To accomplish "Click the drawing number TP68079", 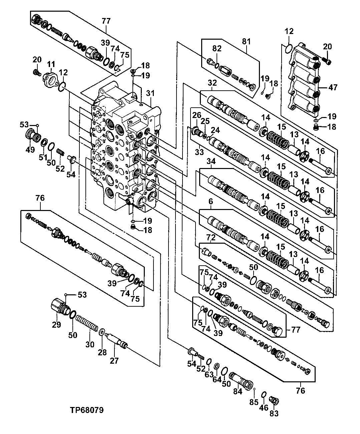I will (87, 410).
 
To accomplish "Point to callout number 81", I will (246, 42).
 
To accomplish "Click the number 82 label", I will (217, 49).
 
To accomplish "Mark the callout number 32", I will (212, 83).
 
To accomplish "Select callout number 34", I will (211, 161).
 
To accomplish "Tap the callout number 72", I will (211, 237).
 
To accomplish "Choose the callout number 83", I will (274, 414).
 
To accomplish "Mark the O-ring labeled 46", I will (263, 395).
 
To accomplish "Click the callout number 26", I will (197, 115).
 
